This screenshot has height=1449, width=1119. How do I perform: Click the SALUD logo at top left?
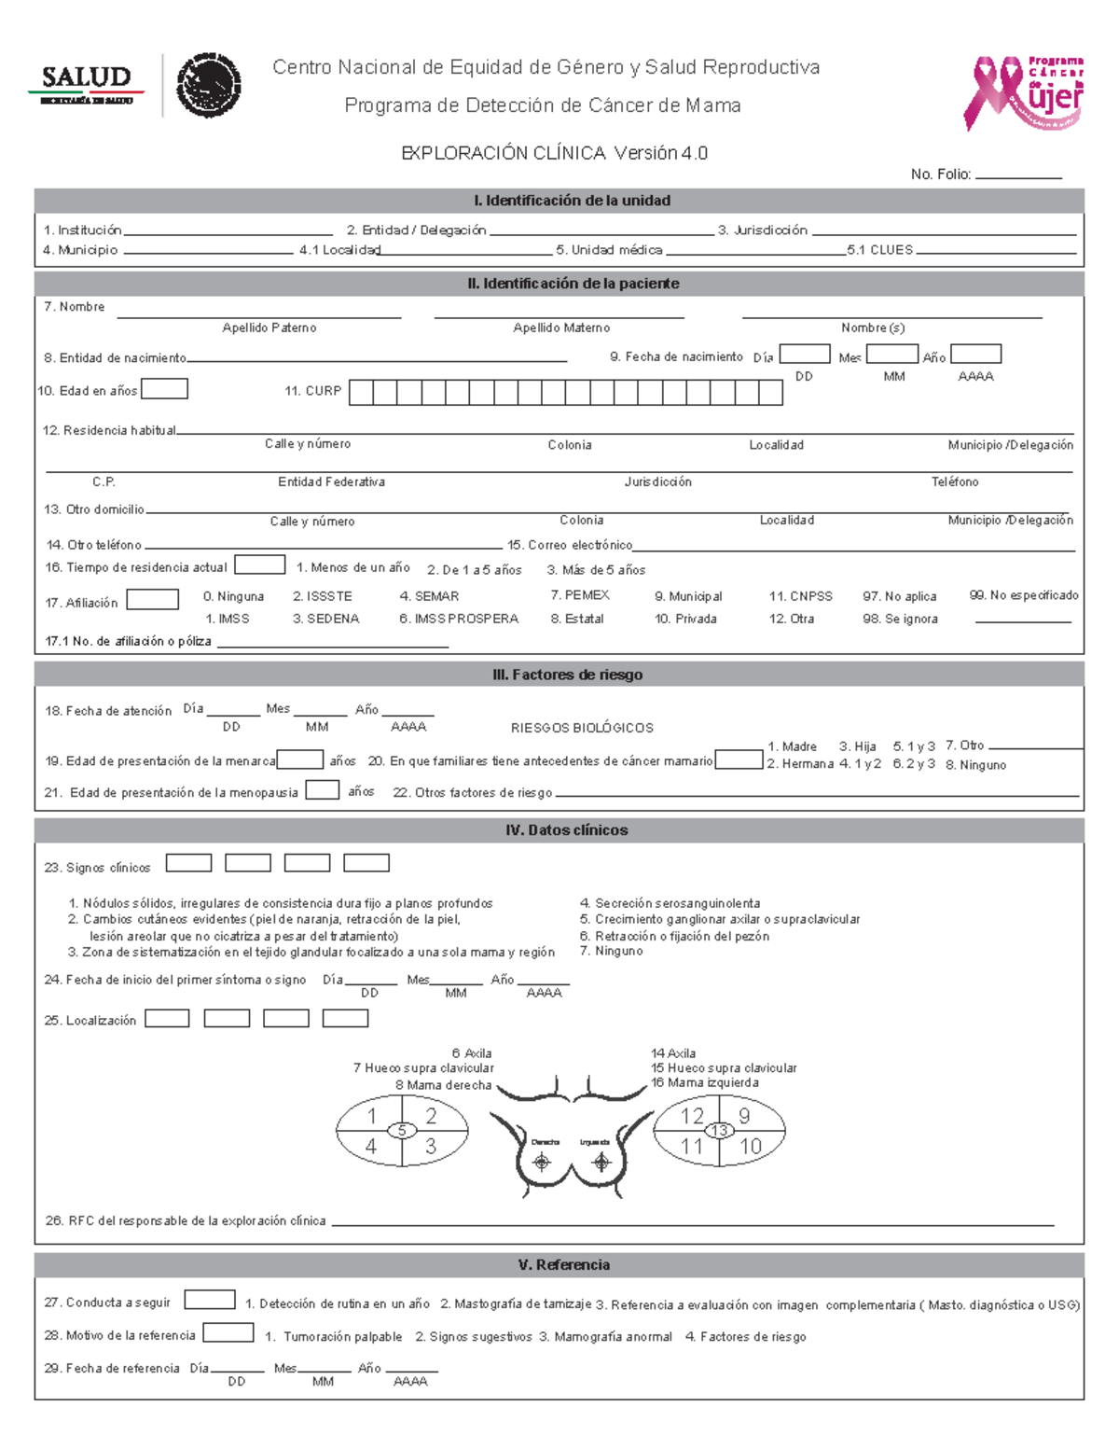tap(86, 84)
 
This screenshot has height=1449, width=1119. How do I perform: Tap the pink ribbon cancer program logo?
tap(1023, 92)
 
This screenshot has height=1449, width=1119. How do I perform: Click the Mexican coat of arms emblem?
tap(209, 85)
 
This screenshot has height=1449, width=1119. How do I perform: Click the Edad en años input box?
tap(163, 389)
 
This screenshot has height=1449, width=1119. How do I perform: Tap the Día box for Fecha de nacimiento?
tap(804, 354)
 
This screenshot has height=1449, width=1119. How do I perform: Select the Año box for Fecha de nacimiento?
tap(975, 354)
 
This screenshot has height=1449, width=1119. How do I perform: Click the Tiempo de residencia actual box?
tap(259, 564)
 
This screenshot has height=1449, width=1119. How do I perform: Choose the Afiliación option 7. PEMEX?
tap(579, 595)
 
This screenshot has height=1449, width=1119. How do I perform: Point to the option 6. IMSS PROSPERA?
tap(458, 619)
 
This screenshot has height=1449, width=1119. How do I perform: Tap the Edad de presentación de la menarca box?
tap(300, 759)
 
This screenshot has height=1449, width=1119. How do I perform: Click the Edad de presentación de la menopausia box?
tap(323, 790)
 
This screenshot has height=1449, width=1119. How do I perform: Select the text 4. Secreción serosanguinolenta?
tap(670, 903)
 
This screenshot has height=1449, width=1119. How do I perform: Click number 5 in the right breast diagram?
tap(402, 1131)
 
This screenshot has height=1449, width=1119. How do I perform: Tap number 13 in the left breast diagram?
tap(719, 1131)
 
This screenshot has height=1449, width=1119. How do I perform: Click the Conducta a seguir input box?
tap(210, 1300)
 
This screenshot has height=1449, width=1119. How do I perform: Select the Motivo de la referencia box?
tap(228, 1333)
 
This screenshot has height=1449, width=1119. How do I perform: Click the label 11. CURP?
tap(313, 391)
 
